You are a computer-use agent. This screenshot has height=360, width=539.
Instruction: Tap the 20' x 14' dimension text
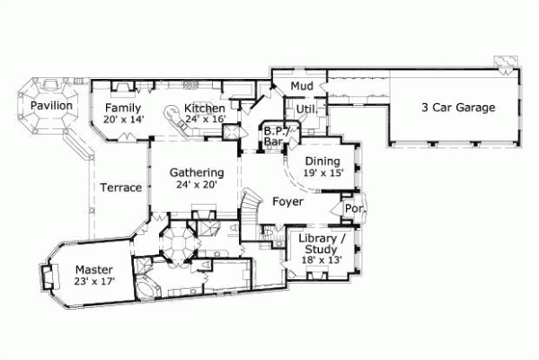coord(124,119)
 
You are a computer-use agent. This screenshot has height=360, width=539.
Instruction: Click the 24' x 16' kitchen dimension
coord(206,119)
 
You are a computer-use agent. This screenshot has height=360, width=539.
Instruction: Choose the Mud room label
coord(300,87)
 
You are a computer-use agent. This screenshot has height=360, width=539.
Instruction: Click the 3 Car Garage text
coord(458,108)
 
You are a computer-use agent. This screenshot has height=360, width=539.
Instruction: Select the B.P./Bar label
coord(274,136)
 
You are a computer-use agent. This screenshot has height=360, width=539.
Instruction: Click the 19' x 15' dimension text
coord(323,173)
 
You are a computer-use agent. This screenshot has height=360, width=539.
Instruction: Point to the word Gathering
coord(196,173)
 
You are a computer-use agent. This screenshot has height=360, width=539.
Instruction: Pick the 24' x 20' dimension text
coord(196,186)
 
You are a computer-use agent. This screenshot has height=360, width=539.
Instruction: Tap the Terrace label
coord(120,188)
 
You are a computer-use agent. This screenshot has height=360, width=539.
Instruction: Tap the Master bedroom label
coord(93,268)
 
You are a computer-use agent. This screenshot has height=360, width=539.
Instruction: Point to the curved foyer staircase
coord(252,212)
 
